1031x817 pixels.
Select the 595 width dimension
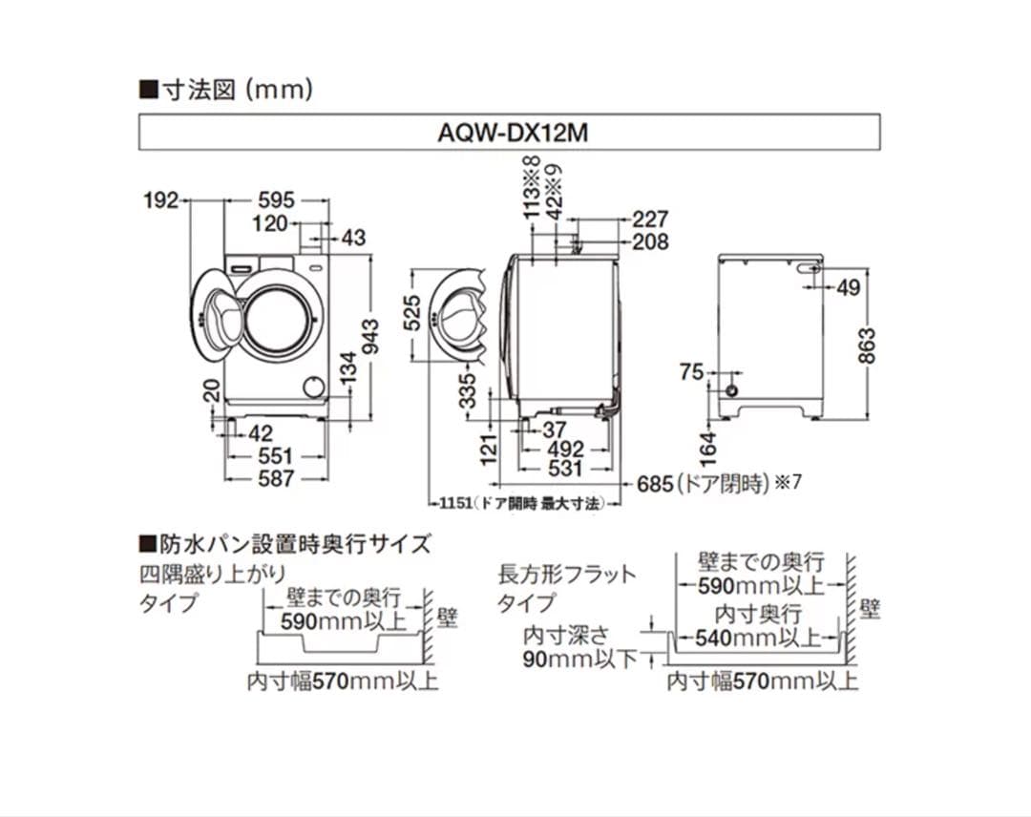[x=277, y=200]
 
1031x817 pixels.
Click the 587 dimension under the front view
[x=277, y=478]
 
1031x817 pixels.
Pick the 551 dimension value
[x=277, y=456]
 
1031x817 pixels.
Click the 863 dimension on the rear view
[x=865, y=346]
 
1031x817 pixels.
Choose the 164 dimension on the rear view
[x=707, y=445]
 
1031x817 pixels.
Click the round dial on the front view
[x=311, y=387]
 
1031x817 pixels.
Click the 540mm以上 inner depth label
[x=759, y=637]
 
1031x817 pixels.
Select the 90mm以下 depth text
[x=579, y=660]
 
